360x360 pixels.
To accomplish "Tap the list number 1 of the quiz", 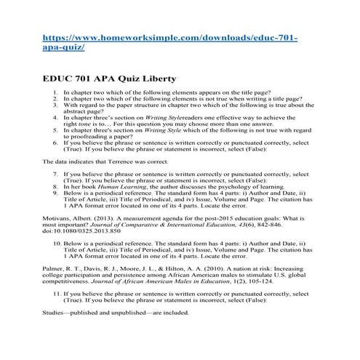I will tap(57, 94).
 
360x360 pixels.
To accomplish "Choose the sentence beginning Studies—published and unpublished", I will tap(116, 313).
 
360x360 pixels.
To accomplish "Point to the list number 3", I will tap(57, 108).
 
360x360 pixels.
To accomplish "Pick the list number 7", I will tap(57, 174).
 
